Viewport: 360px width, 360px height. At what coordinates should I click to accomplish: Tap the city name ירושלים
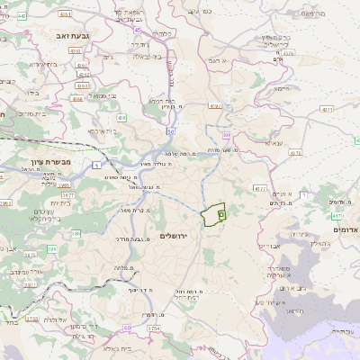(x=176, y=235)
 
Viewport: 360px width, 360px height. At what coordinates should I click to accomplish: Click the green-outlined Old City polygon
(x=212, y=214)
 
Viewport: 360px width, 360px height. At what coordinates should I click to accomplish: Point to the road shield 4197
(x=214, y=107)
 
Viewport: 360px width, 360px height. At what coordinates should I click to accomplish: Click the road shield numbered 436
(x=121, y=117)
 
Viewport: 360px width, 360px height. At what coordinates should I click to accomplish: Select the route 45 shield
(x=138, y=30)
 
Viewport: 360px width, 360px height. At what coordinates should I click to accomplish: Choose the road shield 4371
(x=326, y=109)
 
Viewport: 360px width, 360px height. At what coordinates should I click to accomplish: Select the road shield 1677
(x=67, y=194)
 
